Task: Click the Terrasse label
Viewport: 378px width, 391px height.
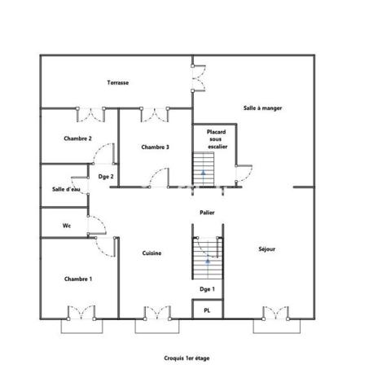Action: coord(118,82)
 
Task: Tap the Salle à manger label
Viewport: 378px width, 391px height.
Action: coord(262,108)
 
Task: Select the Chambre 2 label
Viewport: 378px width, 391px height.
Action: coord(77,138)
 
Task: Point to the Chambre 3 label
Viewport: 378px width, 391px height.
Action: coord(155,147)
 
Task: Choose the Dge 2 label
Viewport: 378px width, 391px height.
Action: coord(106,176)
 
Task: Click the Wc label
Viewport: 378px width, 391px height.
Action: coord(67,225)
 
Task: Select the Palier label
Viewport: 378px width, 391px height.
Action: coord(207,212)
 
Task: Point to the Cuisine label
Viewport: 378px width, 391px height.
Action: coord(152,253)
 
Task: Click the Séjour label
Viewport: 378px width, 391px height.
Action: coord(266,248)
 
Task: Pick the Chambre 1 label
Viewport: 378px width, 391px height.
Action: coord(77,279)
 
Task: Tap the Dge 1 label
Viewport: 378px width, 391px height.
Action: coord(207,289)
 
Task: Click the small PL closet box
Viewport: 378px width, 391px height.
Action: coord(207,310)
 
